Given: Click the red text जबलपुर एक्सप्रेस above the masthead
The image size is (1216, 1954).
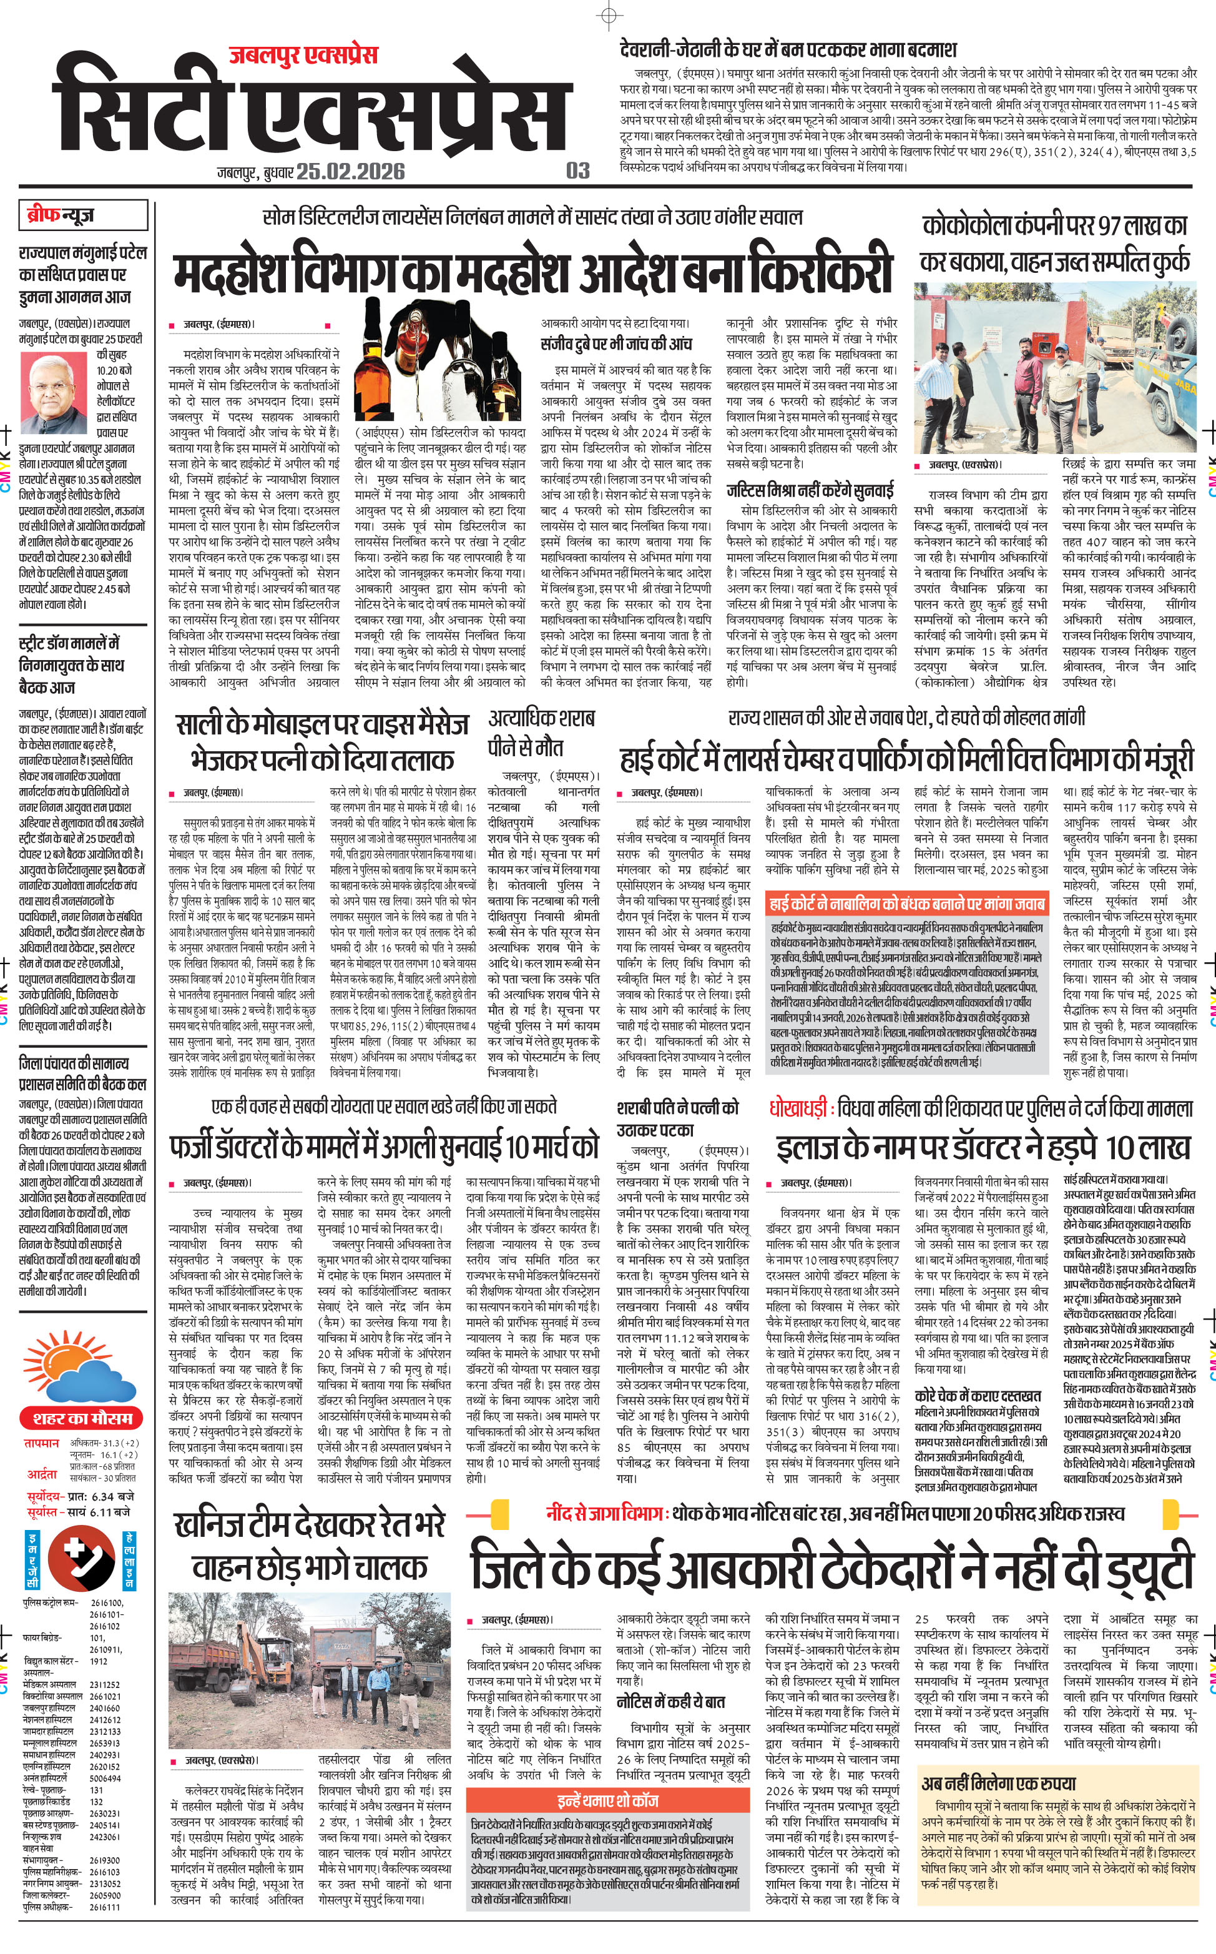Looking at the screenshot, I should click(x=303, y=56).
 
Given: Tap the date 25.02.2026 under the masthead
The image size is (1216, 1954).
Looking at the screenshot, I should click(x=351, y=171).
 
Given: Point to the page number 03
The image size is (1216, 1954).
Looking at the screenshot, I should click(x=577, y=170).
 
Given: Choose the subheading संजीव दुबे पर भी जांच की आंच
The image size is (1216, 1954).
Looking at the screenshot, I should click(x=615, y=344).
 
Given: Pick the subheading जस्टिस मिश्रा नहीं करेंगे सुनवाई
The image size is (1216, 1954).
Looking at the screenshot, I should click(x=810, y=490).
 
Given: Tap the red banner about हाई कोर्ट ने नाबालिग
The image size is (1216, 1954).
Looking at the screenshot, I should click(x=906, y=904).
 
